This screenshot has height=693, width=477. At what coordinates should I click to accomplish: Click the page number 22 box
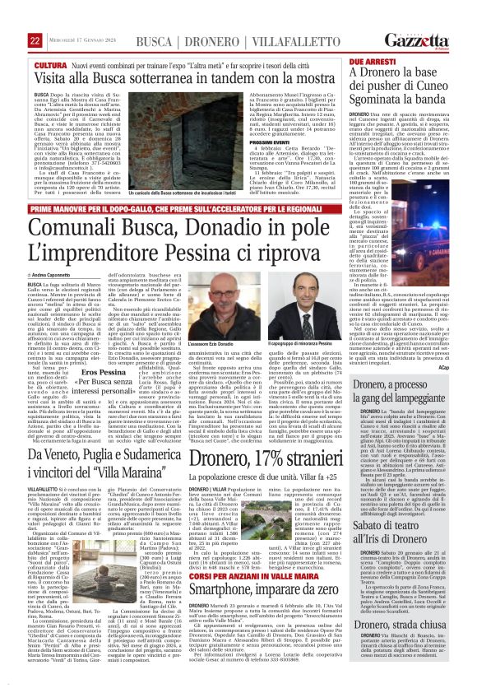pyautogui.click(x=13, y=17)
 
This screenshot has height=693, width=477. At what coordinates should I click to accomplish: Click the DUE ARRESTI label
pyautogui.click(x=367, y=40)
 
